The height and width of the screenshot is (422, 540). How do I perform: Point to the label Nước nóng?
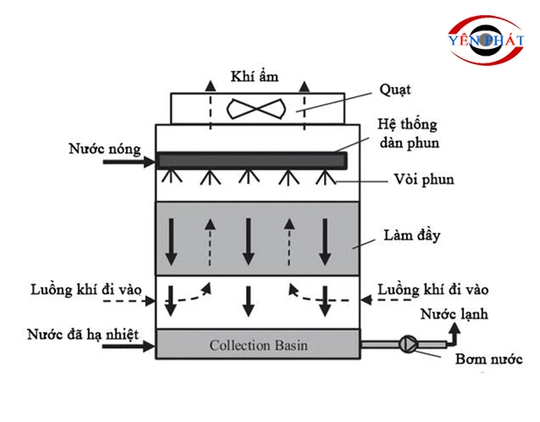101,149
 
